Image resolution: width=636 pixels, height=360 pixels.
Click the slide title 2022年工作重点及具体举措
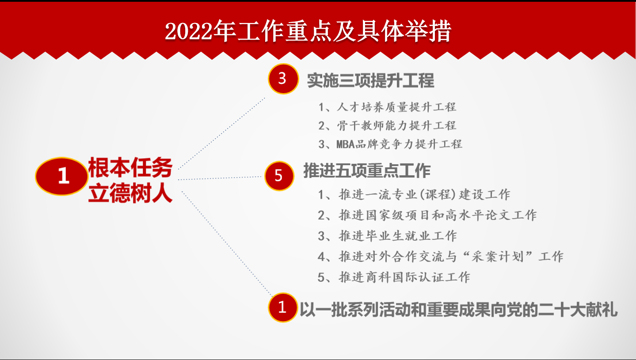pyautogui.click(x=308, y=31)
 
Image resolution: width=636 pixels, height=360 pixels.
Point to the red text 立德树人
pyautogui.click(x=130, y=193)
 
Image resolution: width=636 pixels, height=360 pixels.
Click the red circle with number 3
pyautogui.click(x=283, y=79)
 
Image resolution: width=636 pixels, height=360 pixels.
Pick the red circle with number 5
pyautogui.click(x=279, y=176)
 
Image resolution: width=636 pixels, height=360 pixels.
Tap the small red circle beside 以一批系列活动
pyautogui.click(x=282, y=307)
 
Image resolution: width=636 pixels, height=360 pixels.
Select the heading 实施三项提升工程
pyautogui.click(x=371, y=80)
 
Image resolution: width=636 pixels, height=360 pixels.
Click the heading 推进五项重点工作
pyautogui.click(x=367, y=171)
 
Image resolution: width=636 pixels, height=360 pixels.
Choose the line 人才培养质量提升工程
pyautogui.click(x=387, y=107)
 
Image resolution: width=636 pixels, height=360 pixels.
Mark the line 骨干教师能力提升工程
pyautogui.click(x=387, y=125)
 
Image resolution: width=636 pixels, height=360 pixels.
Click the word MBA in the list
pyautogui.click(x=346, y=144)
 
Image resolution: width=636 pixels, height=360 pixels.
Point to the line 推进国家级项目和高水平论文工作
pyautogui.click(x=427, y=215)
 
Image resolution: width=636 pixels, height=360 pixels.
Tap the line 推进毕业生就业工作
pyautogui.click(x=387, y=235)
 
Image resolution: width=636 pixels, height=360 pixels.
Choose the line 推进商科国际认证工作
pyautogui.click(x=394, y=277)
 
